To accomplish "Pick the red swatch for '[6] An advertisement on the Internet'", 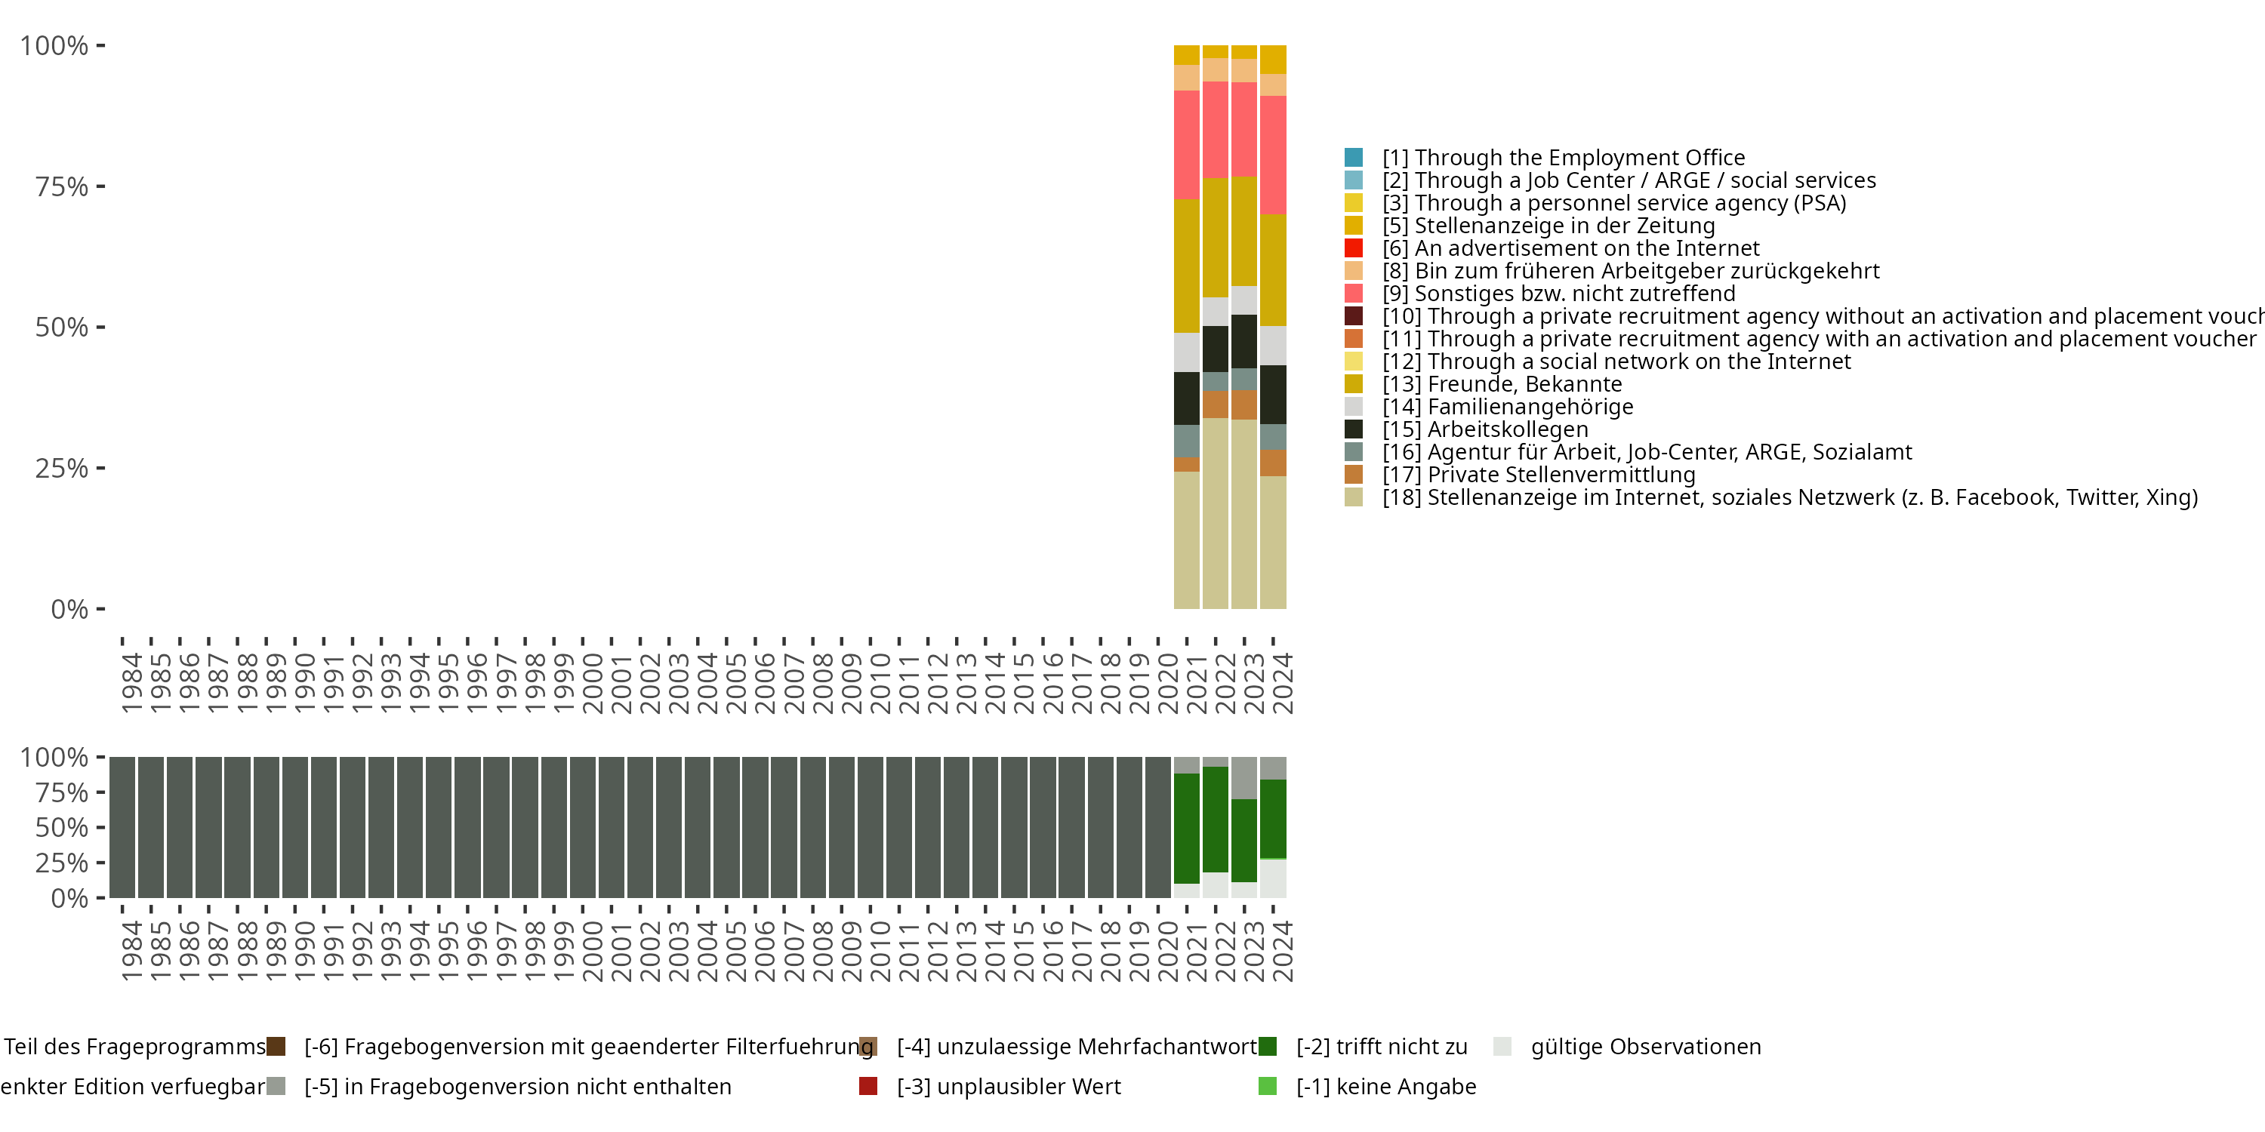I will tap(1353, 248).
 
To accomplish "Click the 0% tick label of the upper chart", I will tap(69, 609).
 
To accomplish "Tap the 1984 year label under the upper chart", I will tap(131, 683).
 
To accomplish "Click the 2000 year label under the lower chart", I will tap(592, 951).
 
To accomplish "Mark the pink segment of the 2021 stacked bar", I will tap(1186, 145).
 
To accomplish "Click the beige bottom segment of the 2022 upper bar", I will tap(1215, 513).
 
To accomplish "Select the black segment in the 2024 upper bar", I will tap(1272, 395).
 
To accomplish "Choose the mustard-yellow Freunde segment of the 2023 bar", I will tap(1243, 231).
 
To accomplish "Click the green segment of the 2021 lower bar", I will tap(1186, 828).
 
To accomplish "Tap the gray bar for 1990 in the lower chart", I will tap(294, 827).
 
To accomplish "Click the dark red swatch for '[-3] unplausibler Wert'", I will tap(867, 1086).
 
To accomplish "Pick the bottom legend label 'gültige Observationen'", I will tap(1645, 1047).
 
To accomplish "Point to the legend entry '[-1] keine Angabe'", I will tap(1385, 1086).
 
